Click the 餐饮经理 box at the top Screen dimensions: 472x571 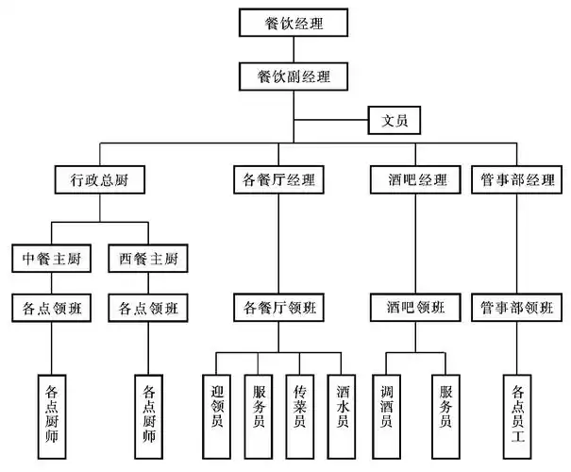[294, 23]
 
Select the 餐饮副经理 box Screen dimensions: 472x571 [294, 75]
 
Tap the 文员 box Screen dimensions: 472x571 [394, 121]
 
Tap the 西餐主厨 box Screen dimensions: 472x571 [147, 257]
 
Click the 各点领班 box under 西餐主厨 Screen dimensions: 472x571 [147, 307]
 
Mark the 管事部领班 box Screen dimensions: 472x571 [517, 307]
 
